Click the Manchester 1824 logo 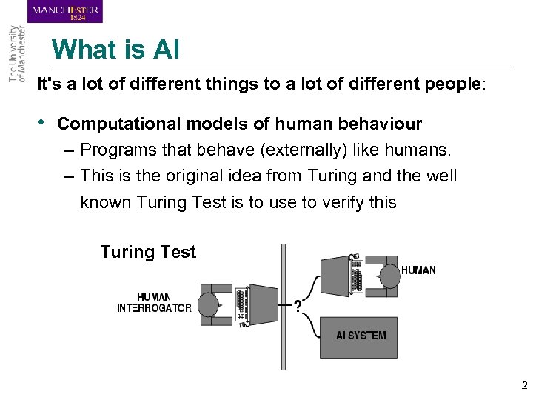(65, 11)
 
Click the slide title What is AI (115, 50)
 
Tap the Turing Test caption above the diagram (148, 252)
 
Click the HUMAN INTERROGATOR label (154, 303)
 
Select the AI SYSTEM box (361, 336)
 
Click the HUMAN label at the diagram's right (418, 270)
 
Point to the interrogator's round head (209, 304)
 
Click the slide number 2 (523, 385)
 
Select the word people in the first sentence (452, 84)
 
